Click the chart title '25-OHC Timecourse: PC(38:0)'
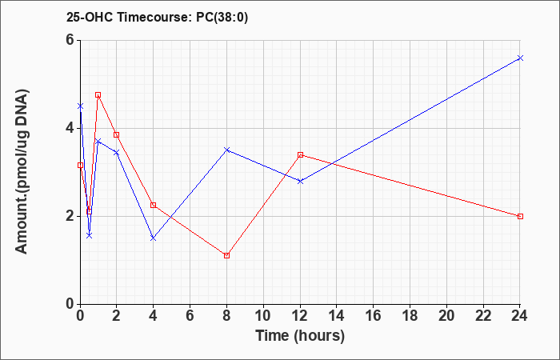click(157, 17)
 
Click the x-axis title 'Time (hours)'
click(300, 336)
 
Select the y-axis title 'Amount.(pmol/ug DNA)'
click(22, 171)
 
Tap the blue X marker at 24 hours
click(520, 58)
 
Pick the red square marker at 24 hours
click(520, 217)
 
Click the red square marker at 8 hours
click(226, 256)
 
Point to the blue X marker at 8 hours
click(226, 150)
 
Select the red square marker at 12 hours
click(300, 155)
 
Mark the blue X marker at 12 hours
click(300, 181)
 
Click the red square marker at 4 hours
click(154, 205)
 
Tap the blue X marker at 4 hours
click(154, 238)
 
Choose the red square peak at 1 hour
click(98, 95)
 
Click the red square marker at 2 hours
click(117, 134)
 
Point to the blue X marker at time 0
click(80, 106)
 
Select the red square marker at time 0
click(80, 166)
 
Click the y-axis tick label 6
click(70, 40)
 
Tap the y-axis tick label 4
click(70, 128)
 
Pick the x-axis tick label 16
click(374, 316)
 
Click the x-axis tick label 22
click(483, 316)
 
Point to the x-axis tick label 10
click(263, 316)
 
